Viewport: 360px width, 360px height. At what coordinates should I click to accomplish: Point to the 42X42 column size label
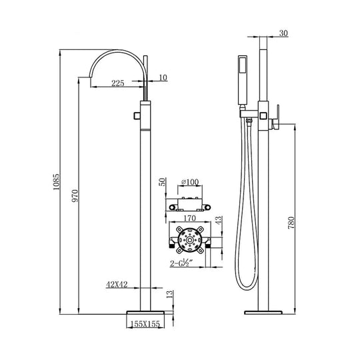[117, 284]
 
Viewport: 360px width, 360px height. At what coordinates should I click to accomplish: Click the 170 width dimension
[189, 217]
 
